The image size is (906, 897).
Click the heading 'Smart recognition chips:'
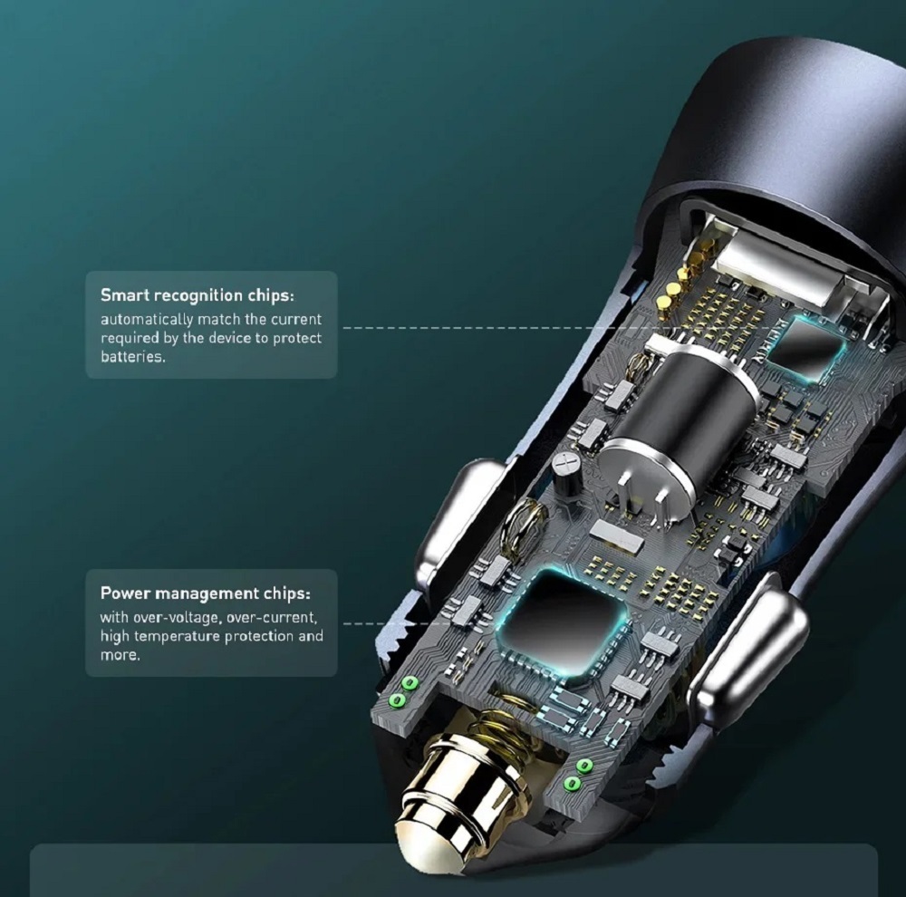click(197, 295)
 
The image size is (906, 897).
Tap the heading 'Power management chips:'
click(205, 593)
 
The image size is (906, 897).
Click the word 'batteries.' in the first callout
click(133, 357)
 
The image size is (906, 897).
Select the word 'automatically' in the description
click(146, 320)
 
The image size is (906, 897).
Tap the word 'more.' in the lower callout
click(120, 655)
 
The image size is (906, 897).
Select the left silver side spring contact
click(458, 526)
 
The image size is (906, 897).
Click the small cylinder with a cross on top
click(566, 471)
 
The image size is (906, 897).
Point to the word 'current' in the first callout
click(296, 320)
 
